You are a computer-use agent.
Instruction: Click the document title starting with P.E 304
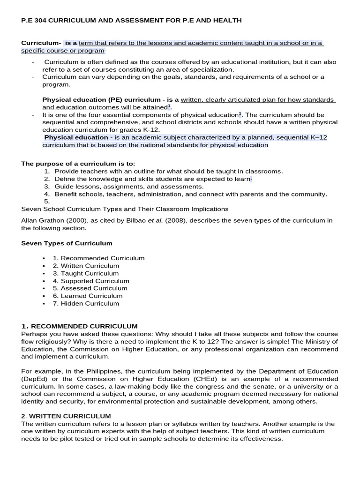point(132,21)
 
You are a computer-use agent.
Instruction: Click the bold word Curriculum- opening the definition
point(41,43)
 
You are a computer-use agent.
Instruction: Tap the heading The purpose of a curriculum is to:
point(78,164)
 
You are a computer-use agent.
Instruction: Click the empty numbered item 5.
point(47,202)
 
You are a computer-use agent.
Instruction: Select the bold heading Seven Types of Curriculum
point(67,243)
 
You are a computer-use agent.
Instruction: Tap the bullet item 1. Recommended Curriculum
point(98,258)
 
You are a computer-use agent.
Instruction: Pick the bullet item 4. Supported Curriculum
point(91,281)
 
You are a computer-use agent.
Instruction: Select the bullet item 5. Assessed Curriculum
point(90,288)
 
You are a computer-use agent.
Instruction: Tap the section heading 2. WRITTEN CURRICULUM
point(66,416)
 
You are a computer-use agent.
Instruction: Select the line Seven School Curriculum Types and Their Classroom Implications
point(125,209)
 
